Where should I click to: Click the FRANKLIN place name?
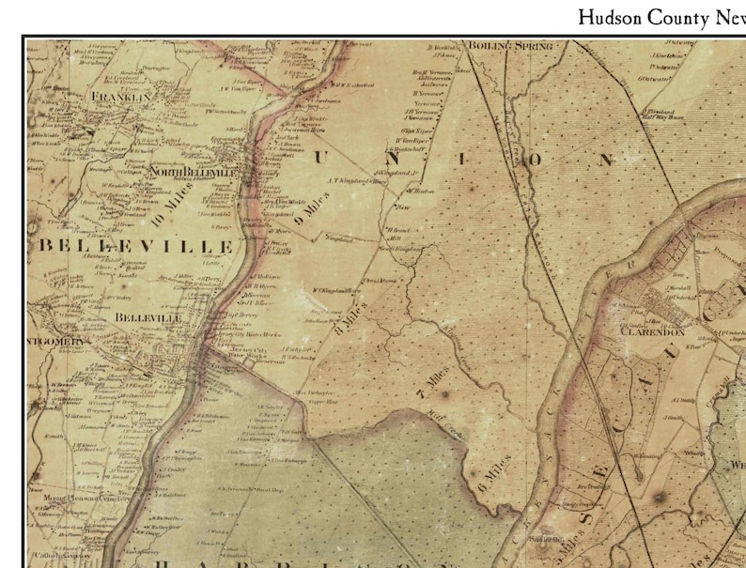pyautogui.click(x=120, y=97)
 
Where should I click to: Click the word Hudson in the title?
pyautogui.click(x=612, y=18)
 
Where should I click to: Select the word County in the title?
pyautogui.click(x=685, y=18)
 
